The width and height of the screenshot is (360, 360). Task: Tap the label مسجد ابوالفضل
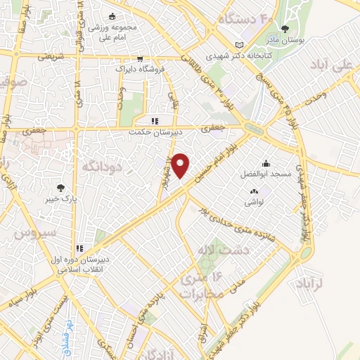pyautogui.click(x=270, y=172)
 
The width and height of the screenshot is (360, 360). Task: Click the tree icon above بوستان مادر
pyautogui.click(x=284, y=30)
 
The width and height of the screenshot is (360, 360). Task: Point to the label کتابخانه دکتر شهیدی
pyautogui.click(x=237, y=52)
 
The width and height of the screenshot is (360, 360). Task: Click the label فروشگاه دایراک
pyautogui.click(x=140, y=70)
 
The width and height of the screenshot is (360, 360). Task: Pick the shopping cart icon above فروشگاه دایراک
pyautogui.click(x=140, y=59)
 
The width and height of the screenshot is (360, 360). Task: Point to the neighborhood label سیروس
pyautogui.click(x=27, y=231)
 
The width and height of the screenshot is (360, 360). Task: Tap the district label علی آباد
pyautogui.click(x=335, y=66)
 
